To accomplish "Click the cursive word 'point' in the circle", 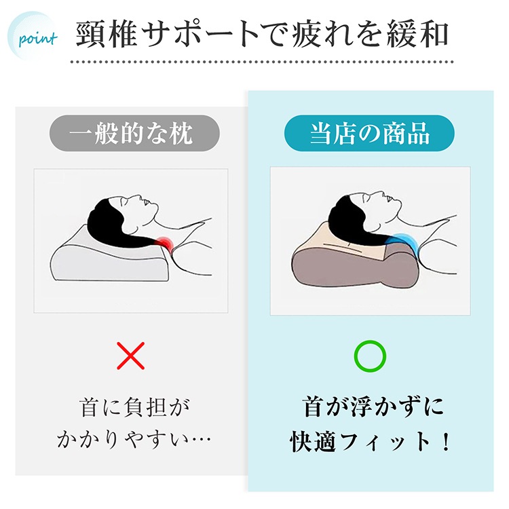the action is click(x=38, y=39).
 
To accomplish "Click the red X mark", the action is click(x=130, y=356).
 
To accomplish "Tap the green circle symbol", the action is click(x=370, y=356).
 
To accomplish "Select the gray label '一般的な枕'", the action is click(x=134, y=133).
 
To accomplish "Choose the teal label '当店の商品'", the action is click(x=369, y=133).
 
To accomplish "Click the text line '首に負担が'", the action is click(x=134, y=407).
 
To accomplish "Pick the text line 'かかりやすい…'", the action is click(x=134, y=440).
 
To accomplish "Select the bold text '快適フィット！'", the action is click(x=370, y=441).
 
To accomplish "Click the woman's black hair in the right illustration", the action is click(x=354, y=224).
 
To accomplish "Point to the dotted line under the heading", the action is click(x=262, y=62).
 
